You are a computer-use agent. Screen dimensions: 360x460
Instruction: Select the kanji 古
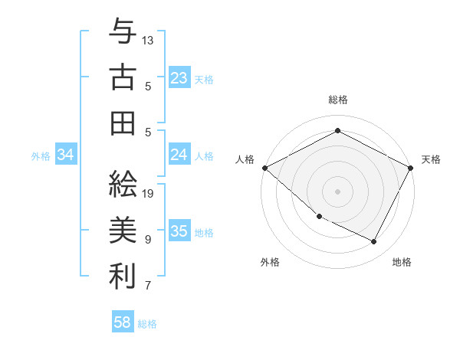(x=122, y=79)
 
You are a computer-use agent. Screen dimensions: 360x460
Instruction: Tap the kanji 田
(x=122, y=123)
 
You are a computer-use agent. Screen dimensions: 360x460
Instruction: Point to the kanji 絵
(x=122, y=185)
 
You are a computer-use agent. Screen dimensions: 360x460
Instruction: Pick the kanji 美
(x=122, y=231)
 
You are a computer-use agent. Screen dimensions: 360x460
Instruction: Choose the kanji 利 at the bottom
(x=122, y=277)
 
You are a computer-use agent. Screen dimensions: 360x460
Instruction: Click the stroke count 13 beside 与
(x=148, y=39)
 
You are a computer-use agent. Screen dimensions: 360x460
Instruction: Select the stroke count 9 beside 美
(x=148, y=240)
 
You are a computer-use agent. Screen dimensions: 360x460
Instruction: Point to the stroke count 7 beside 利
(x=148, y=286)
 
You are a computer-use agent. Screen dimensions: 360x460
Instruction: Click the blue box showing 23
(x=179, y=78)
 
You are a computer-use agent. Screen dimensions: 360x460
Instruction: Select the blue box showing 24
(x=179, y=155)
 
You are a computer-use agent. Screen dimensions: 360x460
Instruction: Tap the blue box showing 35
(x=179, y=231)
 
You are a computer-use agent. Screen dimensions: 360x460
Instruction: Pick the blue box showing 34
(x=66, y=155)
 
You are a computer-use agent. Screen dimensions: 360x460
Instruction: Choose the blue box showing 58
(x=123, y=322)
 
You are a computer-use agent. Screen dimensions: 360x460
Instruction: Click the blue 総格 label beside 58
(x=147, y=324)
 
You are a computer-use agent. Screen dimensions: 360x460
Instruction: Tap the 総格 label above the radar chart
(x=337, y=100)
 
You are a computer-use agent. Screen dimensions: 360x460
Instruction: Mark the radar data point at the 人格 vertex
(x=265, y=168)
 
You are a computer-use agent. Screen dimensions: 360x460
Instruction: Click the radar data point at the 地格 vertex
(x=374, y=242)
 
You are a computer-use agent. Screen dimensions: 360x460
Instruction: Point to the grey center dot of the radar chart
(x=337, y=191)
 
